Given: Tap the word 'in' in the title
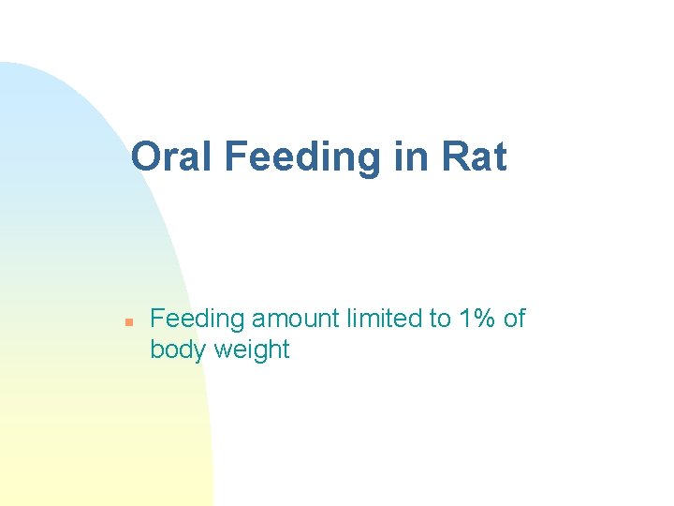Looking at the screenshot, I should (x=410, y=156).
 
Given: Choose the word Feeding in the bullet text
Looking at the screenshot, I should (x=197, y=319).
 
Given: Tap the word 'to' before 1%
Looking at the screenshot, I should (x=440, y=319).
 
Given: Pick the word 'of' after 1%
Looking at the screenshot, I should (x=515, y=319).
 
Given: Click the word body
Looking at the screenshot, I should (x=178, y=350).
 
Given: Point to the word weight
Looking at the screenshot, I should (x=252, y=350).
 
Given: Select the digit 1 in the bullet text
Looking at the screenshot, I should (x=466, y=319).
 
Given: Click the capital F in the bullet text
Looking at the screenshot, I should (x=157, y=319).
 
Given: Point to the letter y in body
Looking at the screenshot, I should (x=200, y=352).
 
